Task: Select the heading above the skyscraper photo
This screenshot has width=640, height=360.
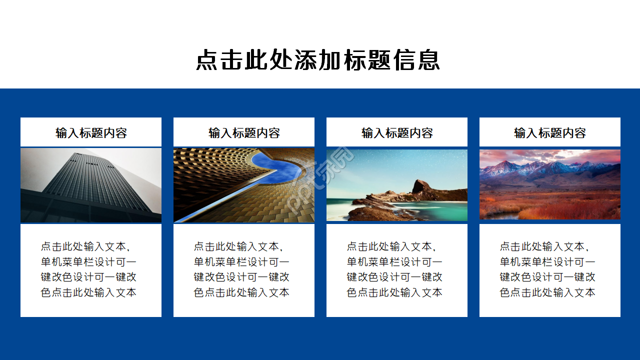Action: (x=91, y=133)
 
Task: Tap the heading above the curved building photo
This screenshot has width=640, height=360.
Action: (x=244, y=133)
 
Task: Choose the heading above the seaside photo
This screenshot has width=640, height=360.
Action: (x=397, y=133)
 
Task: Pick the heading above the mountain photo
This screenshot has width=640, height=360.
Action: (x=550, y=133)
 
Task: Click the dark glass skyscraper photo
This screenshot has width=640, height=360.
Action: (x=91, y=185)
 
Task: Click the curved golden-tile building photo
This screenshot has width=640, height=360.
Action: (x=244, y=185)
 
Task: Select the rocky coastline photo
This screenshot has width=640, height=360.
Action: (x=397, y=185)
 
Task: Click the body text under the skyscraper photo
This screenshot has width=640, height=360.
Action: (x=88, y=269)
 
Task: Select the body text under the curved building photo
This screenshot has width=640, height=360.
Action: (x=241, y=269)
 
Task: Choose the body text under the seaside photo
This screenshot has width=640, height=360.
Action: (x=394, y=269)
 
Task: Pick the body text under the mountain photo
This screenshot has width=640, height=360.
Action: (x=547, y=269)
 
